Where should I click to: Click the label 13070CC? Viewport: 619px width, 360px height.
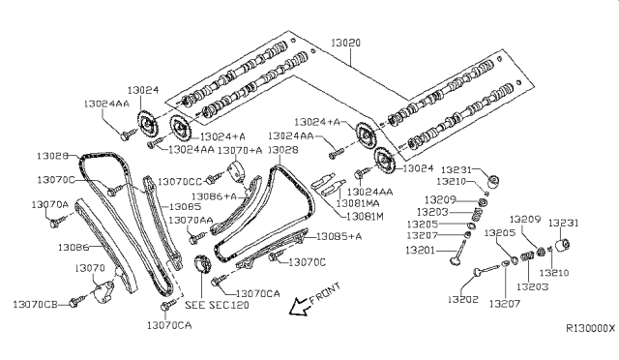click(180, 182)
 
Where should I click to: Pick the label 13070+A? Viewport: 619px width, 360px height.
click(240, 151)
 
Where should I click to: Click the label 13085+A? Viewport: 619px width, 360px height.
click(339, 237)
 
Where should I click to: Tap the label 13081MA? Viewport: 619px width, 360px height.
click(357, 204)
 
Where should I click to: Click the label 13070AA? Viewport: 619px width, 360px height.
click(189, 222)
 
